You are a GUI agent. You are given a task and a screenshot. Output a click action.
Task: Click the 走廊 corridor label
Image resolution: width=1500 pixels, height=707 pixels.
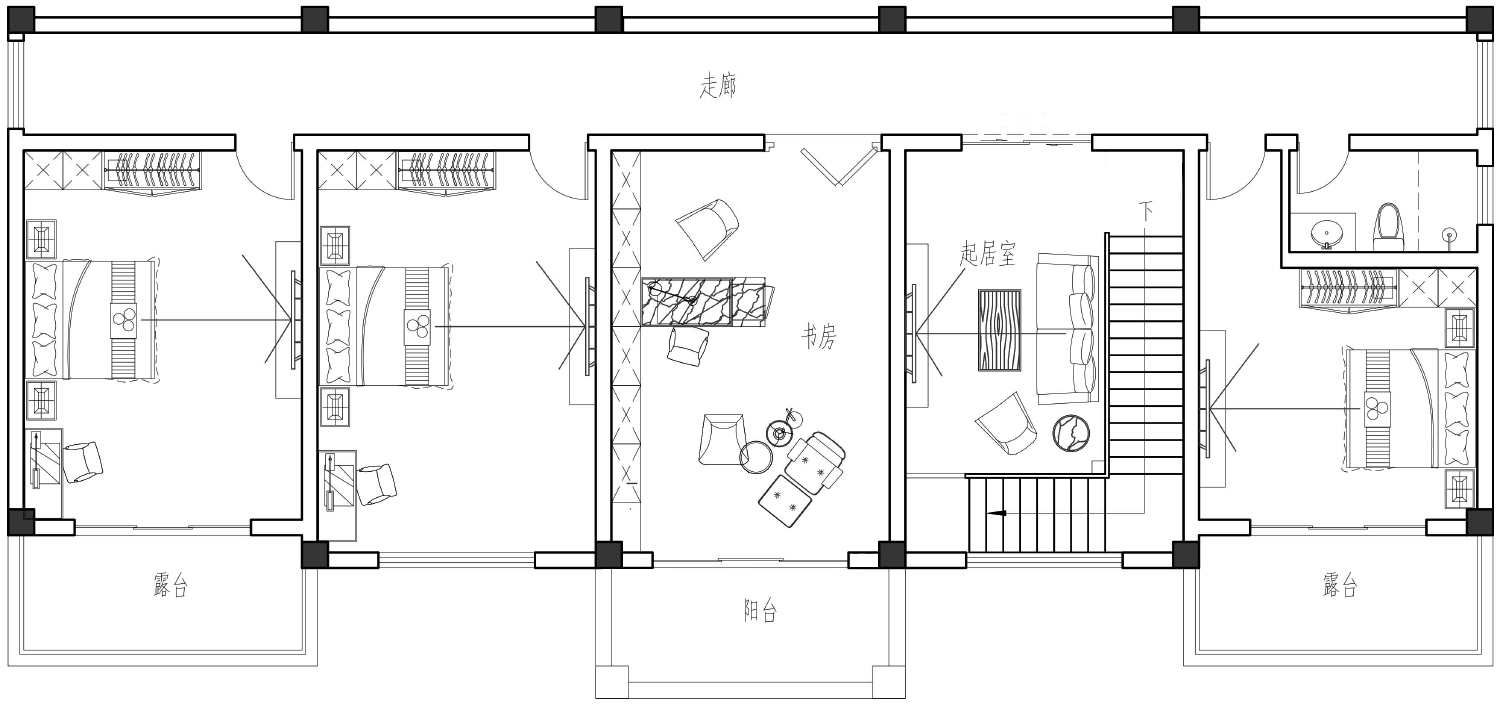(718, 86)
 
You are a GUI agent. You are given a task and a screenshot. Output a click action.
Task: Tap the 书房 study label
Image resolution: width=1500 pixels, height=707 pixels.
(819, 337)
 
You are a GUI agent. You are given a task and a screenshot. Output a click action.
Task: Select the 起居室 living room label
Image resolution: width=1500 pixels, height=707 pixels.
(987, 253)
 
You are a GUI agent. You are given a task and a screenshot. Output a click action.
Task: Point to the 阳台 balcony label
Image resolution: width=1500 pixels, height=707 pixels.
(760, 610)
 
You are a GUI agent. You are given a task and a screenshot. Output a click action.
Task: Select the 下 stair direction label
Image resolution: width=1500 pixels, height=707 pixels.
(1146, 212)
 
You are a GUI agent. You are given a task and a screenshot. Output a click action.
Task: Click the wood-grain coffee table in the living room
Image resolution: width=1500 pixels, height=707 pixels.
(999, 329)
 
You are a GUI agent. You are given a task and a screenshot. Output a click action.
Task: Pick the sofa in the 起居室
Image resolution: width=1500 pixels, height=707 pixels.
(1068, 328)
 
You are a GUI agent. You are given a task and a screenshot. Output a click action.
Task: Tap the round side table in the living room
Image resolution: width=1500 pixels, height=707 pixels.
(1071, 433)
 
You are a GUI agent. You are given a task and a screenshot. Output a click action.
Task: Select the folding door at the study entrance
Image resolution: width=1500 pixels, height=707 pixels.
(838, 166)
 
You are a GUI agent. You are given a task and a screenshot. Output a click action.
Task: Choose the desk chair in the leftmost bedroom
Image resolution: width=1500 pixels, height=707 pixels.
(82, 462)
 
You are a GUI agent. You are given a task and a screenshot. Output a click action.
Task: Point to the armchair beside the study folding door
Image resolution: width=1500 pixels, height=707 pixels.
(707, 228)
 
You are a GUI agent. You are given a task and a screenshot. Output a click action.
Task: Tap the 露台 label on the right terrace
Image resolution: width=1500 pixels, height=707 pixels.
(1340, 584)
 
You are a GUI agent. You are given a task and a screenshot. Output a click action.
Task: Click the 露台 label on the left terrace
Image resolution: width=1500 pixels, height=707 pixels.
(171, 584)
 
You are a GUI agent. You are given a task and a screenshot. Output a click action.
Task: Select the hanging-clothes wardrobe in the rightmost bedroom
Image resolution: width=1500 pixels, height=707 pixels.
(1349, 289)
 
